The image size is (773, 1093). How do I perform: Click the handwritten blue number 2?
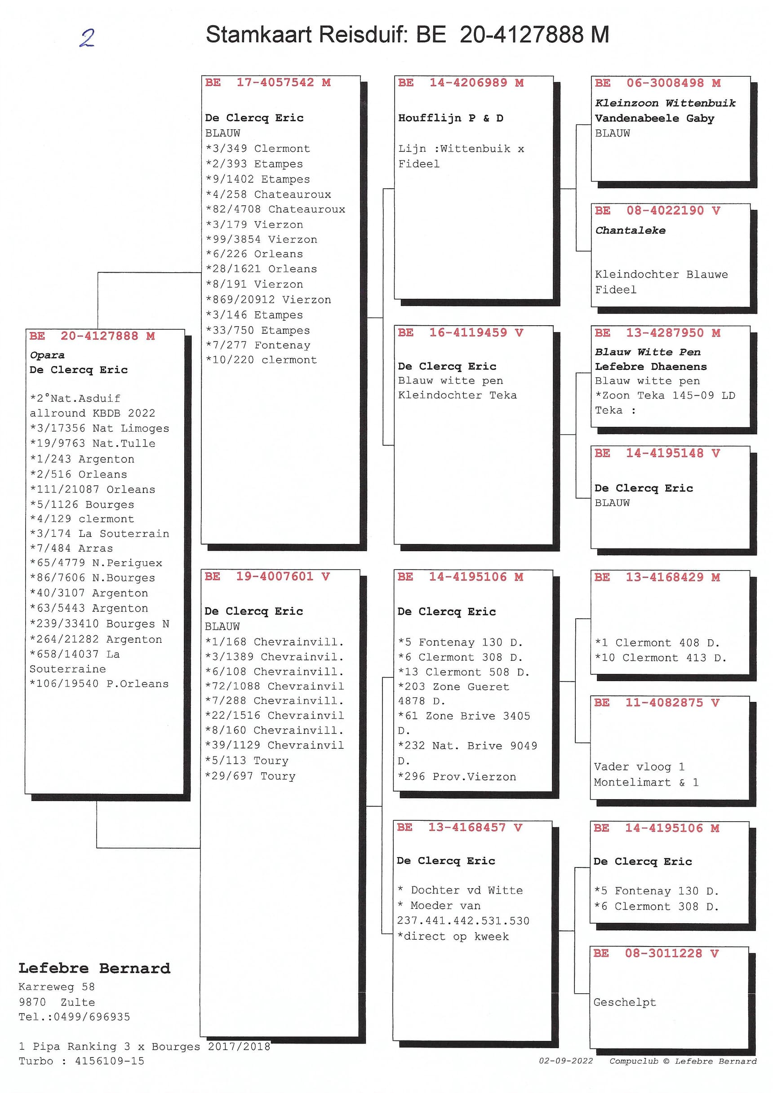tap(87, 38)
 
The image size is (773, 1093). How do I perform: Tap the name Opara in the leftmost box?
tap(47, 355)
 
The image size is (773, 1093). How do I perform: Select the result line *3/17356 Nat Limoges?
tap(99, 429)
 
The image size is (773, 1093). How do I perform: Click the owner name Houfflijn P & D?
tap(451, 118)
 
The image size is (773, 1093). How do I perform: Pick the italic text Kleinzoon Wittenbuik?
tap(665, 103)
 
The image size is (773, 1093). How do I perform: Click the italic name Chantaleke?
tap(630, 230)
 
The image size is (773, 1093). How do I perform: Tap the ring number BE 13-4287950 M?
tap(657, 333)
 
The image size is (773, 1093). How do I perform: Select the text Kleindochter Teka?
tap(457, 395)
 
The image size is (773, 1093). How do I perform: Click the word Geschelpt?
tap(624, 1002)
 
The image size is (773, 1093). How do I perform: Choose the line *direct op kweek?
tap(453, 936)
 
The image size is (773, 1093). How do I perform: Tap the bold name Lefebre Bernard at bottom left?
tap(94, 968)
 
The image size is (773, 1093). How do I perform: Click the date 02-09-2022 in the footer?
tap(566, 1061)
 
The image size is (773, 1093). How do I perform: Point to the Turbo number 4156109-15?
tap(109, 1061)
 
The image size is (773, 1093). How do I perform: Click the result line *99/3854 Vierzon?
tap(261, 239)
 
